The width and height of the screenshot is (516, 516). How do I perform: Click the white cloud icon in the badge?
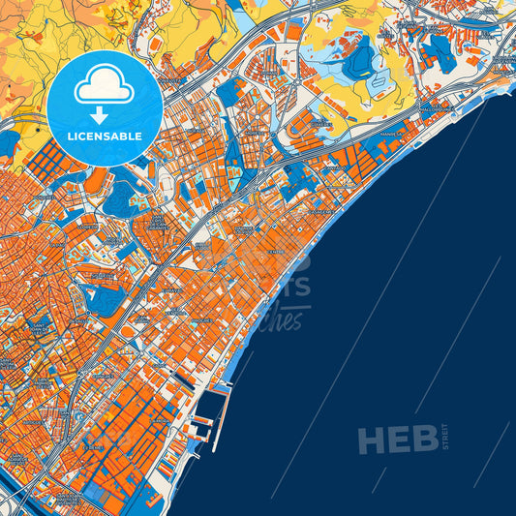coord(105,87)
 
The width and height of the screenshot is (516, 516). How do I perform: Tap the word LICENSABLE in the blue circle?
coord(105,136)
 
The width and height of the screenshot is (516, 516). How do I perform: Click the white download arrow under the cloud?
coord(105,114)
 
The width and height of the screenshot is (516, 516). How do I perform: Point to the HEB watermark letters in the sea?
coord(397,440)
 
